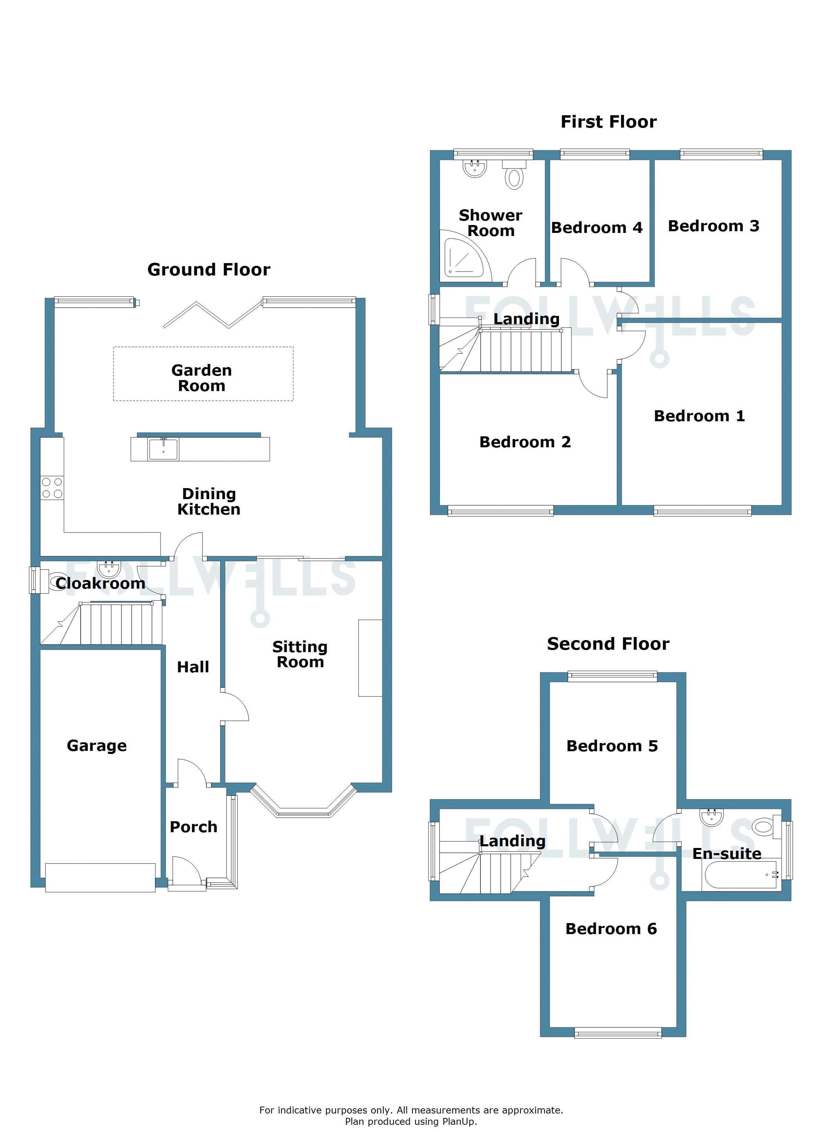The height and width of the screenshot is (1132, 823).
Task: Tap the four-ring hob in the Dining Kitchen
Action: coord(52,488)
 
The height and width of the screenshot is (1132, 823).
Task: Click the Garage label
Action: coord(97,746)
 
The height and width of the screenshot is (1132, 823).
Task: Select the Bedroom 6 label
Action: coord(611,929)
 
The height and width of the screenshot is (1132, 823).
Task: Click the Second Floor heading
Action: coord(608,644)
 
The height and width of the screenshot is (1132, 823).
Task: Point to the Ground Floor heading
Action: coord(208,270)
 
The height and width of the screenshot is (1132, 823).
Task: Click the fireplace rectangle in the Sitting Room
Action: coord(370,658)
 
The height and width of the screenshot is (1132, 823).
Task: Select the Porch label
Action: coord(194,827)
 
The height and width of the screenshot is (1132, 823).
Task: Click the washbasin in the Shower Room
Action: coord(475,169)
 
